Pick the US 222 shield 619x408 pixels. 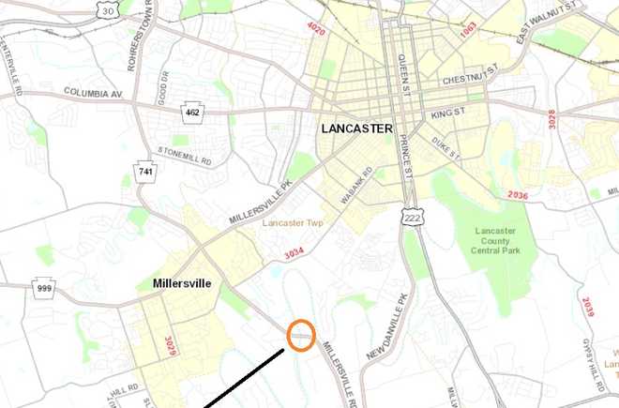[410, 218]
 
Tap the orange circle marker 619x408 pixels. [301, 334]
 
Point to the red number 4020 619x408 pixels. [316, 30]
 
